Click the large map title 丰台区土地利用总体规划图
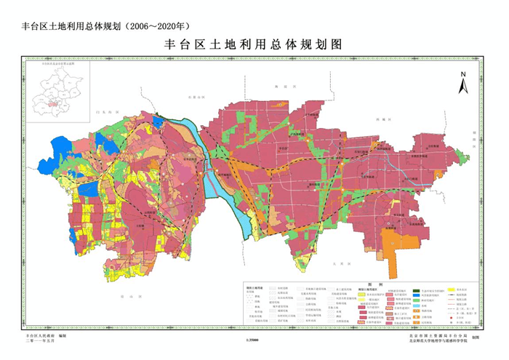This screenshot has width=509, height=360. point(254,44)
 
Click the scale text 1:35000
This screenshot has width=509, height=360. point(254,339)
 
